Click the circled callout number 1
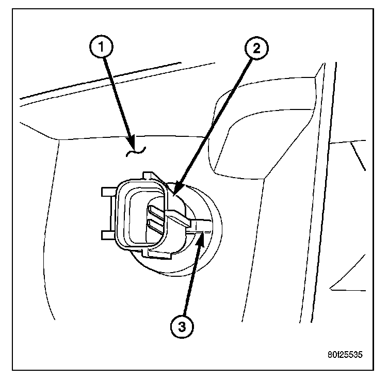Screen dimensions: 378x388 click(104, 47)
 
